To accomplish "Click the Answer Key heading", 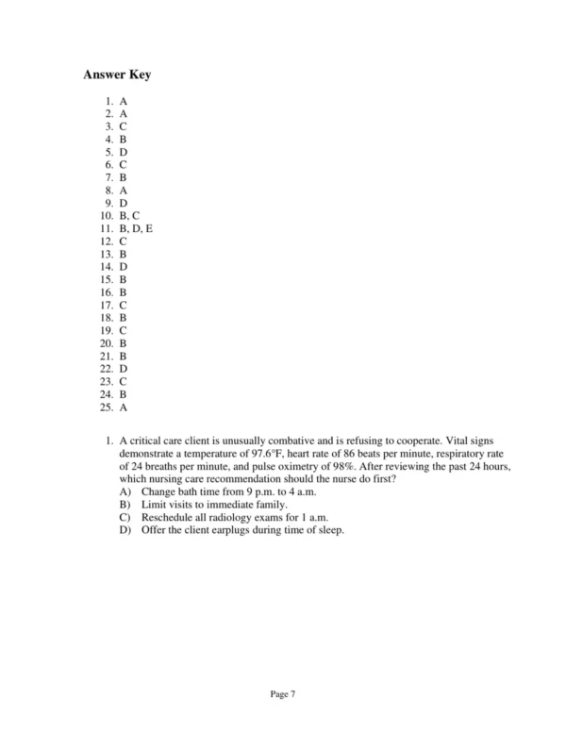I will (x=117, y=75).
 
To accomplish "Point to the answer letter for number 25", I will (x=124, y=408).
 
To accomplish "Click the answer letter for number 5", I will (x=124, y=151).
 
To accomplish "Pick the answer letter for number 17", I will (x=124, y=305).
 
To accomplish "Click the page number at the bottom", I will (x=283, y=693).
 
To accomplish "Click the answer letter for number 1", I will (x=124, y=100).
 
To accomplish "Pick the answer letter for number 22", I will (x=124, y=369).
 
